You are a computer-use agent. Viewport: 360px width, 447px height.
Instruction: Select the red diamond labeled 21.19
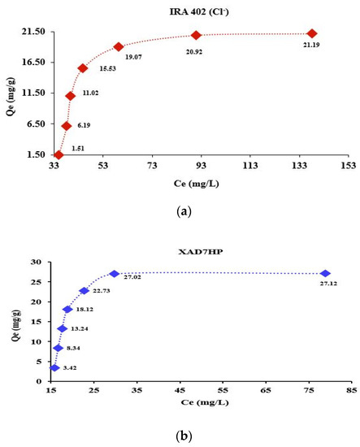tap(312, 33)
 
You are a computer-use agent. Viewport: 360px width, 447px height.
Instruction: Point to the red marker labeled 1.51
tap(59, 154)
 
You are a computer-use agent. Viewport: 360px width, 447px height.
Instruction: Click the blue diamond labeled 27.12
tap(326, 273)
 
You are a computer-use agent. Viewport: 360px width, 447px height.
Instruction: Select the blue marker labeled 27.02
tap(114, 274)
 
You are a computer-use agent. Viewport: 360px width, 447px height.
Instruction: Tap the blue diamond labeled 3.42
tap(54, 368)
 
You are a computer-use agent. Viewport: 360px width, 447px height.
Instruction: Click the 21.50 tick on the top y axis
tap(33, 31)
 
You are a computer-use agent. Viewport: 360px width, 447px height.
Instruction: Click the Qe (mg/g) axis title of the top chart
tap(7, 92)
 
